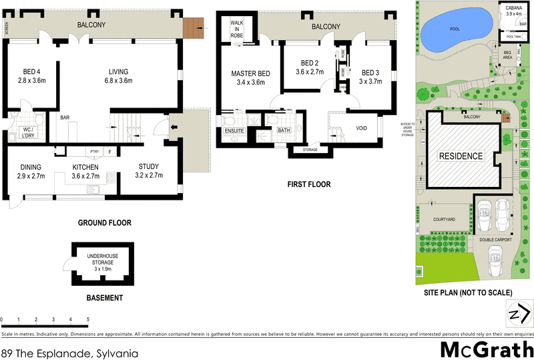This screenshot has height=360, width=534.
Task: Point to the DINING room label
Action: point(31,167)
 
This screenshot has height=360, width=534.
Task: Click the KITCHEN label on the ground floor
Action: point(85,167)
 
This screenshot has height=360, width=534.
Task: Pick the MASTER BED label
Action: point(250,73)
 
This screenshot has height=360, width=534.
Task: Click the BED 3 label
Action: point(370,73)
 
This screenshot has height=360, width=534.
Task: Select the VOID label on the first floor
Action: point(362,128)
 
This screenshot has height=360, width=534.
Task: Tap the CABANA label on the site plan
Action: point(513,10)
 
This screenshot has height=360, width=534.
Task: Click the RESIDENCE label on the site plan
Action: point(461,156)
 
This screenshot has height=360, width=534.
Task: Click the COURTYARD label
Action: point(444,219)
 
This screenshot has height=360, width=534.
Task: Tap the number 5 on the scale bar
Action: point(88,319)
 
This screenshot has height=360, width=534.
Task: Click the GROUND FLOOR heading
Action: point(105,223)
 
